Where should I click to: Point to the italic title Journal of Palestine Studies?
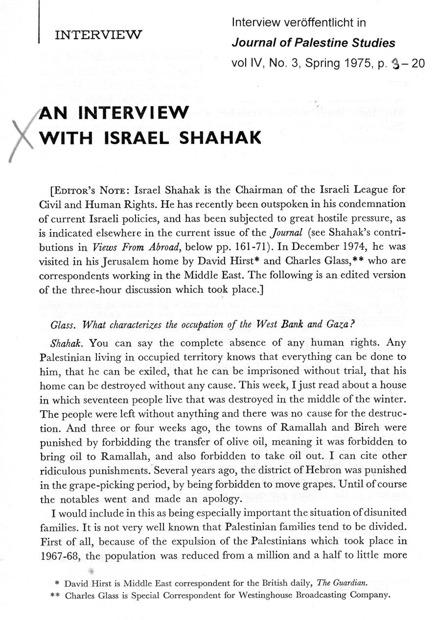click(313, 43)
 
